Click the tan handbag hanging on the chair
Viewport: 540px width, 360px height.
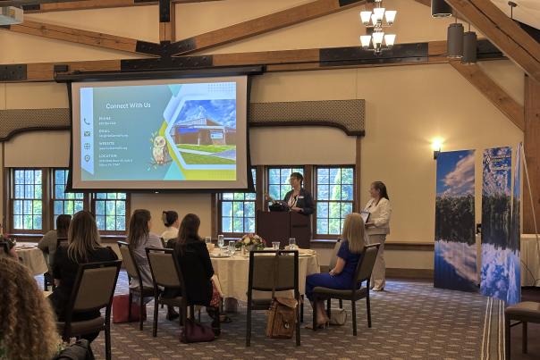pos(283,318)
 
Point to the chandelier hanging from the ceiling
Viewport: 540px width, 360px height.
pos(377,27)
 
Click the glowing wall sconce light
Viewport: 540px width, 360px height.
pos(436,144)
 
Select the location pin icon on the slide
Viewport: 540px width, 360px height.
pos(88,158)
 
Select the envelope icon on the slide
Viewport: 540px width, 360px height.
pos(88,132)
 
